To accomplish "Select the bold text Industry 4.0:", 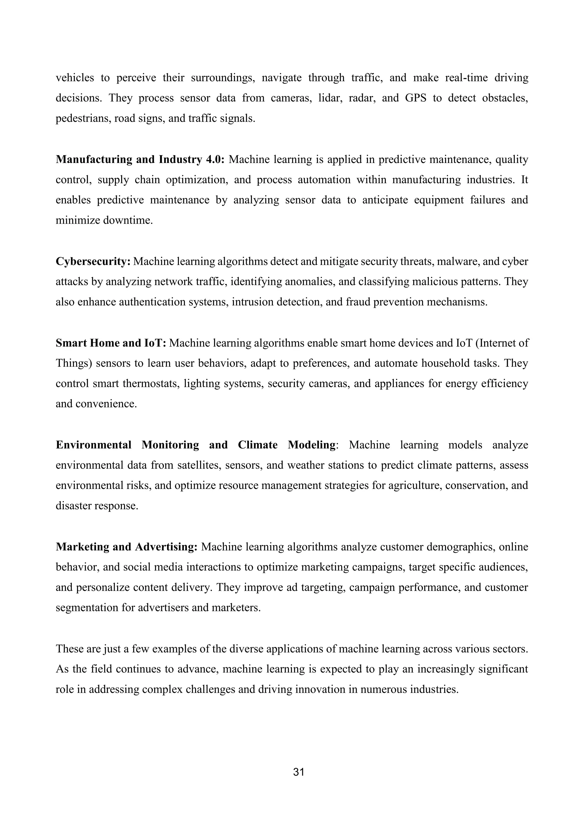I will [192, 160].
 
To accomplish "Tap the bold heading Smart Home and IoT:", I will [111, 343].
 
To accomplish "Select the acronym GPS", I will [416, 98].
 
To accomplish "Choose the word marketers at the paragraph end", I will [236, 608].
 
